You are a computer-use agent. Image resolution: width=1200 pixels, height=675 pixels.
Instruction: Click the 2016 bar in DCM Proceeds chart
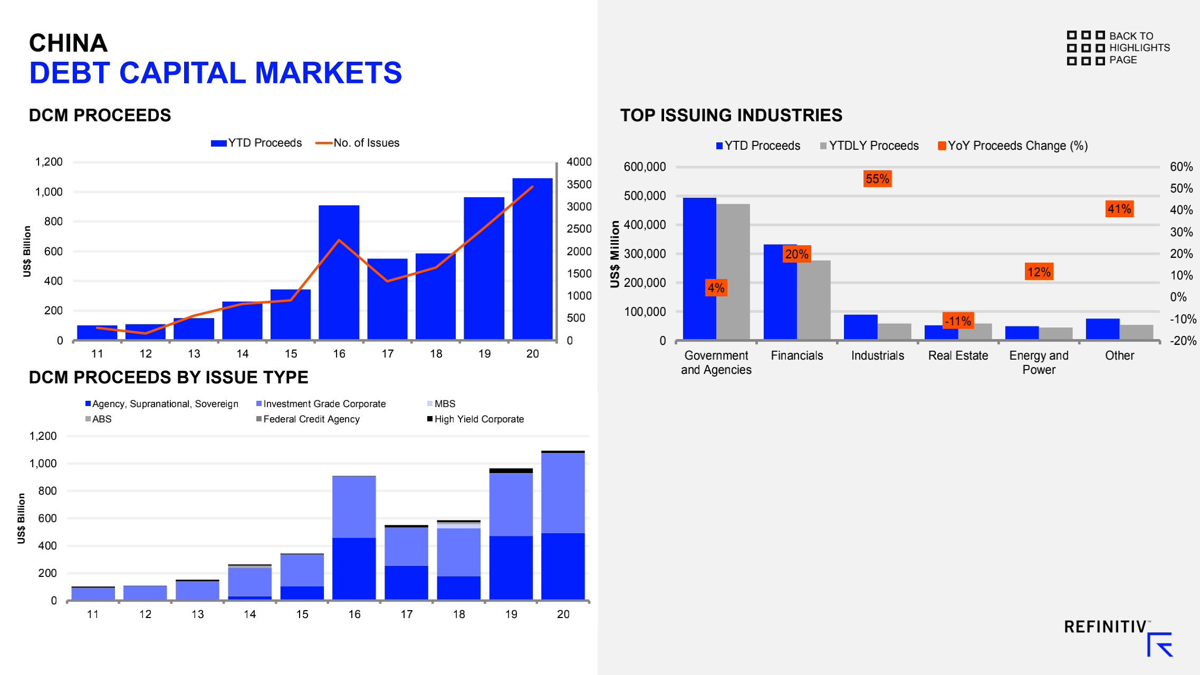point(339,272)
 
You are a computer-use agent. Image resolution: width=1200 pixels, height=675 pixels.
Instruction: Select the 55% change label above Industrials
point(877,179)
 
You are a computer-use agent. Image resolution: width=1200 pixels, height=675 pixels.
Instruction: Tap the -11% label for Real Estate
point(958,321)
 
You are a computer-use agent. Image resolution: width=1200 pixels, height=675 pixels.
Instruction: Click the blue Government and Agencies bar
point(699,268)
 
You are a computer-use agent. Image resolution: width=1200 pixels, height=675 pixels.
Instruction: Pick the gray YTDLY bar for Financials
point(814,300)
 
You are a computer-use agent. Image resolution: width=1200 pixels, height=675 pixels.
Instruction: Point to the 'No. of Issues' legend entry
point(358,143)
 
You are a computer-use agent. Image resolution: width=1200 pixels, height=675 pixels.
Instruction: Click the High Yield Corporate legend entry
point(476,419)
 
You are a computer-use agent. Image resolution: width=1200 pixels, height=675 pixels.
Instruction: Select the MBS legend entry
point(441,404)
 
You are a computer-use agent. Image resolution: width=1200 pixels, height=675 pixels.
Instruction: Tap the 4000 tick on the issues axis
point(579,162)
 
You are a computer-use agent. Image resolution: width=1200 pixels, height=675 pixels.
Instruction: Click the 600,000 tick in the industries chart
point(645,167)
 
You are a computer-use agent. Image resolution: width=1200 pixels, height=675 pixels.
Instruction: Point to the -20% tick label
point(1183,341)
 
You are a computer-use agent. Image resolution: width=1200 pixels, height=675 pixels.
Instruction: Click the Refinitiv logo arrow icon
point(1159,644)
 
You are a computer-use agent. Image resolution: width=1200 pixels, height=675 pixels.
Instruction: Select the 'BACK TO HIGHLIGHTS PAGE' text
point(1139,48)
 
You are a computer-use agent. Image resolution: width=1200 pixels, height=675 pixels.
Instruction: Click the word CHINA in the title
point(69,43)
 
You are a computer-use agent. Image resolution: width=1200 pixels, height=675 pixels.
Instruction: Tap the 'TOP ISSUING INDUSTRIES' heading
point(731,115)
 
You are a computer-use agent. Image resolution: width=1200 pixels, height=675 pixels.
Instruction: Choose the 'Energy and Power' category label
point(1039,362)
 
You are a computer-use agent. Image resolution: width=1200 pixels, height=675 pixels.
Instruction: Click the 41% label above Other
point(1119,209)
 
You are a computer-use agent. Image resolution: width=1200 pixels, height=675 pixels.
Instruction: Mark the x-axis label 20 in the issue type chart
point(563,614)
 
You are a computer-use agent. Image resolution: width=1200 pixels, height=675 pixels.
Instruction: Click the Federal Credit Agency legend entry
point(308,419)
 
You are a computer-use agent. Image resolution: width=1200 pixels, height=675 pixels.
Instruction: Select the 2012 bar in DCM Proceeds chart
point(146,332)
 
